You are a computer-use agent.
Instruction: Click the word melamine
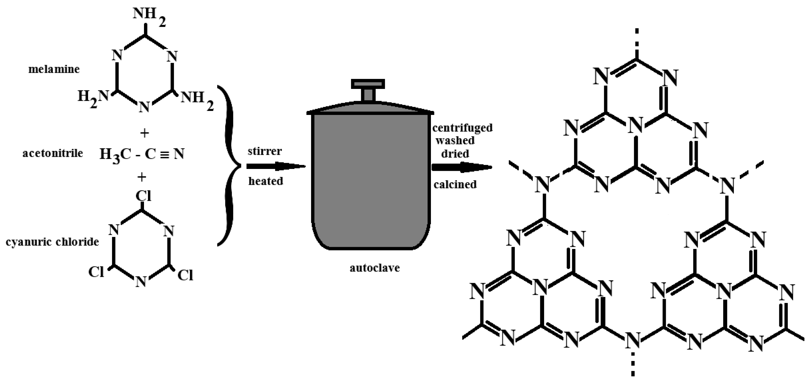pyautogui.click(x=54, y=69)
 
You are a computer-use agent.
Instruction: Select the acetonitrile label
pyautogui.click(x=53, y=153)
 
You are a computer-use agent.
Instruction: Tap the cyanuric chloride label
pyautogui.click(x=52, y=242)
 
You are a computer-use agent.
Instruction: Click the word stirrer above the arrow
pyautogui.click(x=265, y=151)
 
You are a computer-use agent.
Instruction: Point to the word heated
pyautogui.click(x=266, y=181)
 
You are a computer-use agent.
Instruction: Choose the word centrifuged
pyautogui.click(x=462, y=128)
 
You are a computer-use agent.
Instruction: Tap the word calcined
pyautogui.click(x=455, y=184)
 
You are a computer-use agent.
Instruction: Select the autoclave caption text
pyautogui.click(x=375, y=268)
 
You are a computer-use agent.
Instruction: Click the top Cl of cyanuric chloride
pyautogui.click(x=143, y=196)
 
